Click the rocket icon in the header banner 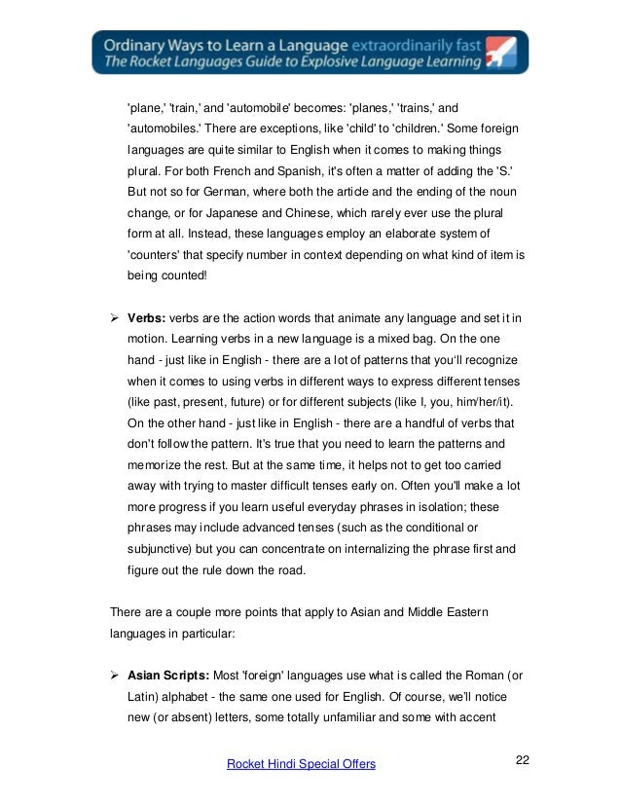click(504, 53)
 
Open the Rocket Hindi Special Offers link click(301, 764)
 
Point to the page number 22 click(523, 760)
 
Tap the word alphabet click(188, 699)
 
